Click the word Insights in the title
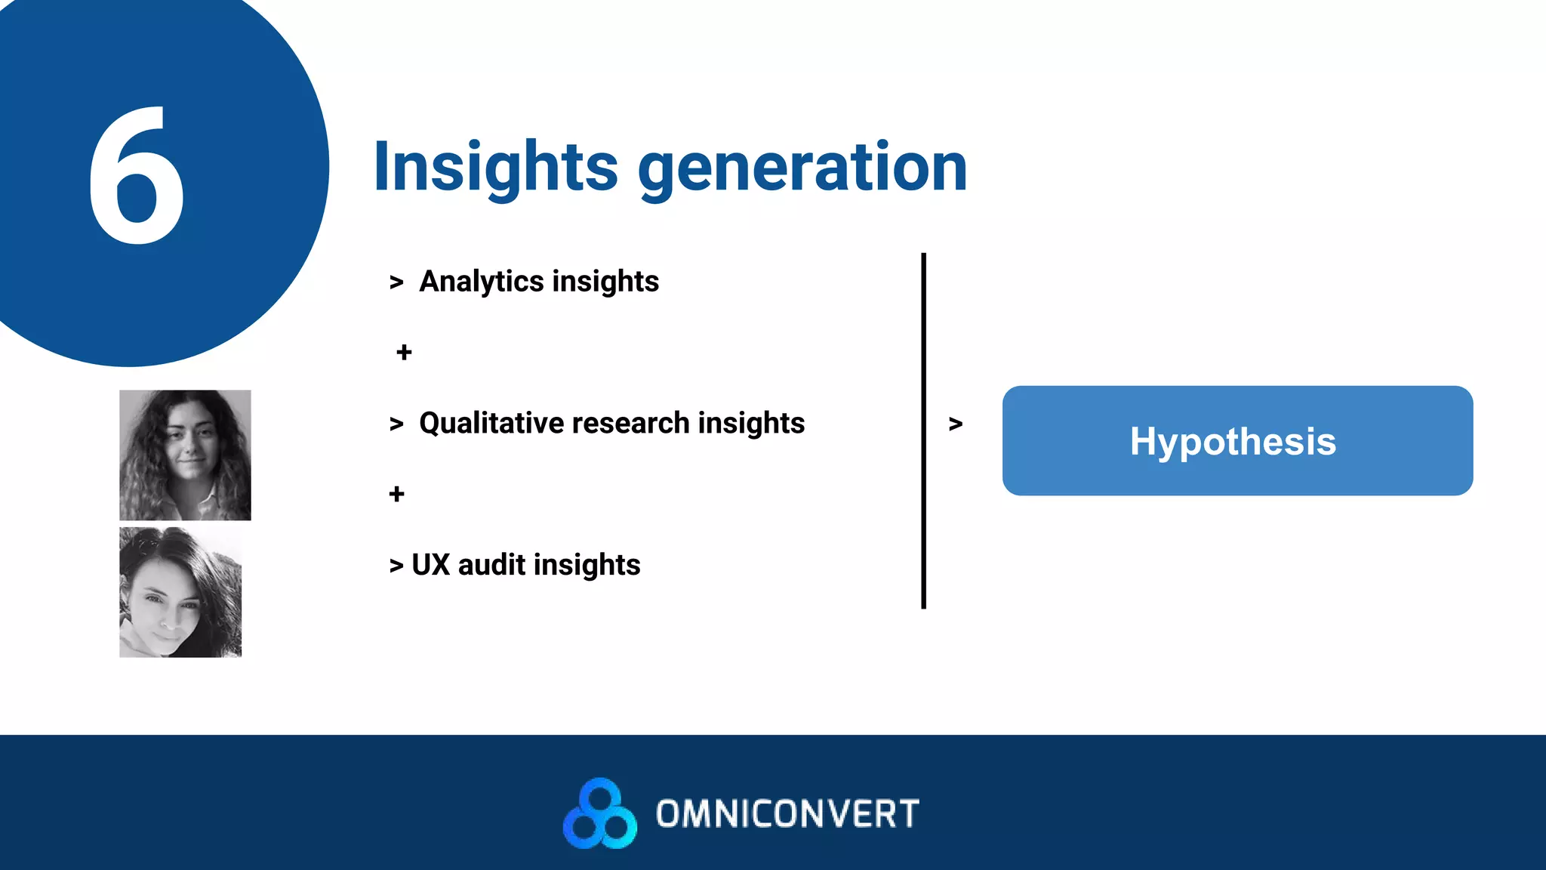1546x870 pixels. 495,168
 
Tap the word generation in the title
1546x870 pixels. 803,168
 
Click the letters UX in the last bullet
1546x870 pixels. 430,565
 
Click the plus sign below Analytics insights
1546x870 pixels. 404,352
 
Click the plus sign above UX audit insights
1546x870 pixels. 396,494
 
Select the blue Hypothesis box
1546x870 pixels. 1236,441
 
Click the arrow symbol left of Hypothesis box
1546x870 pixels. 956,424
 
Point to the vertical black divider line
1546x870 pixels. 923,430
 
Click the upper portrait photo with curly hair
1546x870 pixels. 185,455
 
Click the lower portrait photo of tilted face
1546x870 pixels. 180,593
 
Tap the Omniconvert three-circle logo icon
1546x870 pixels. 600,813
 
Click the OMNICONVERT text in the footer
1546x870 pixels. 787,814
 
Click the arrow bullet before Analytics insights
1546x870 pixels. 396,282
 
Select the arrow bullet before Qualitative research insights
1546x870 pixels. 396,424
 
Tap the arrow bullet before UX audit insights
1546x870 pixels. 396,566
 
